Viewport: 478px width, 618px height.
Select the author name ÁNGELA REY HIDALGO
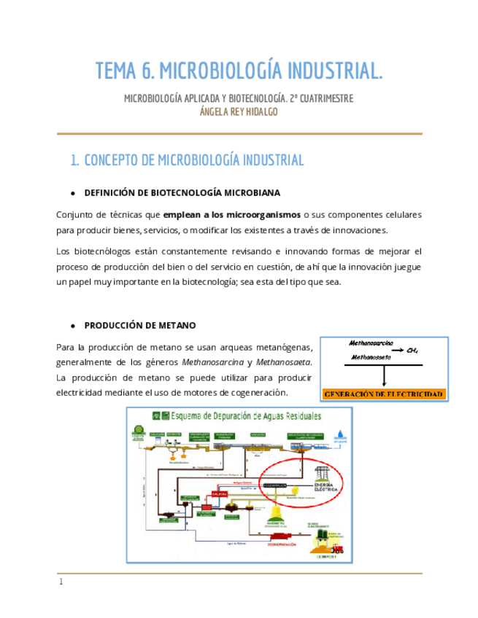[x=239, y=112]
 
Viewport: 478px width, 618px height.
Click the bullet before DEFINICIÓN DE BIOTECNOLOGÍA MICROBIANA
[x=72, y=193]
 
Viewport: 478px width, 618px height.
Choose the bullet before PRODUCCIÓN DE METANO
[x=72, y=325]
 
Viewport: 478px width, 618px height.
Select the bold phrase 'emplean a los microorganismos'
[x=231, y=216]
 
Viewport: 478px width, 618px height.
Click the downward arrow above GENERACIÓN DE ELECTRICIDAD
[x=383, y=375]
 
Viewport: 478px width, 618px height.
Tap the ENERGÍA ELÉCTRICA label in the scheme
[x=325, y=488]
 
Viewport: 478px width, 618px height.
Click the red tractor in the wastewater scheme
[x=336, y=549]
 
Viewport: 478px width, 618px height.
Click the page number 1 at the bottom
[x=61, y=582]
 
